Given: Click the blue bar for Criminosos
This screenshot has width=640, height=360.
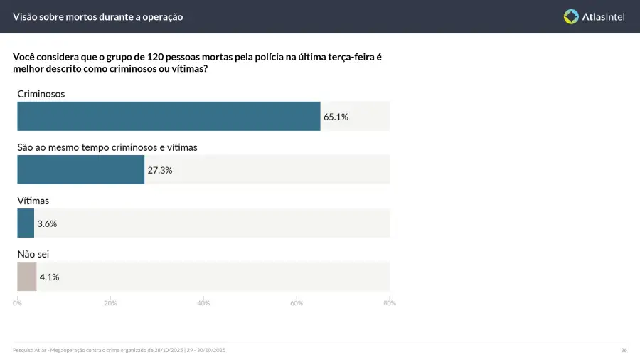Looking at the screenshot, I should pos(169,116).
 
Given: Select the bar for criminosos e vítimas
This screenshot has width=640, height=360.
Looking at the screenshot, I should pos(80,169).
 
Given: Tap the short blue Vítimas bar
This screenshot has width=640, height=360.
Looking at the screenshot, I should pos(26,223).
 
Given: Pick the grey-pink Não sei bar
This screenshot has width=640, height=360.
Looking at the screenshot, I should pos(26,276).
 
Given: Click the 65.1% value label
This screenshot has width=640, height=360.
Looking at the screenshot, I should pos(336,117).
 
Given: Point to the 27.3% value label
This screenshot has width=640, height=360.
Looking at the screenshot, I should pos(160,170).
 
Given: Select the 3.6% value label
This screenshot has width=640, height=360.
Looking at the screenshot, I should pos(47,223).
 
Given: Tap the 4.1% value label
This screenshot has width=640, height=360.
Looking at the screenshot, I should pos(49,277).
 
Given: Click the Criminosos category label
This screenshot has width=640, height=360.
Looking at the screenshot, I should pos(41,93).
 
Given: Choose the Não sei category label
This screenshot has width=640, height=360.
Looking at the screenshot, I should pos(33,253).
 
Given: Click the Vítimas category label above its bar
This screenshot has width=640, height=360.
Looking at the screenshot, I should pos(33,201).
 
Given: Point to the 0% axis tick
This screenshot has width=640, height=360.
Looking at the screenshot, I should pos(17,303).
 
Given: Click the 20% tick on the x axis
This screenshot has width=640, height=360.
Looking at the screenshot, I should pos(110,303).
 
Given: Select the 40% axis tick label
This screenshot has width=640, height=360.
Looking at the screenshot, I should pos(203,303).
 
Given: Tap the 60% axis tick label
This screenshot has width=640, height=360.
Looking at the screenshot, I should pos(297,303).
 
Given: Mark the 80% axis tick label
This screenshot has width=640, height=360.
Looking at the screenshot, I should pos(390,303).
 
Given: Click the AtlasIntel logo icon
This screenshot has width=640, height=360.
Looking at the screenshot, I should pos(571,16).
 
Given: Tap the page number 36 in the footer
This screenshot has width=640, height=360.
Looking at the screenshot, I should pos(624,350).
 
